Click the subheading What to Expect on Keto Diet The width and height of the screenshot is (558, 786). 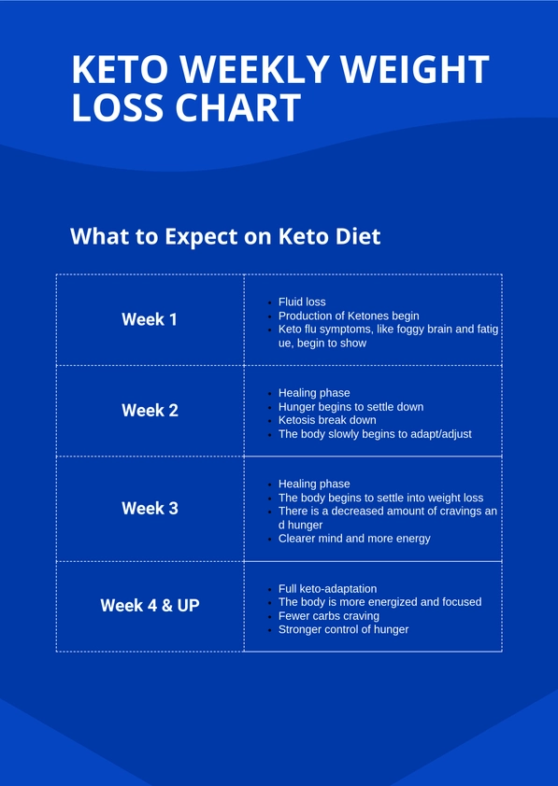point(225,236)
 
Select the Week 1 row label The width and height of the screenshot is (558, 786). point(150,319)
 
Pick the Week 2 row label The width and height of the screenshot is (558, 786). point(150,410)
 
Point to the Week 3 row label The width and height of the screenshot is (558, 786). point(150,508)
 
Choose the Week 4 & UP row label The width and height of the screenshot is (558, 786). point(150,605)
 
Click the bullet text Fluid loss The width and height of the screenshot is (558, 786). point(302,302)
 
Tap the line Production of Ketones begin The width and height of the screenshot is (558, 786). point(349,316)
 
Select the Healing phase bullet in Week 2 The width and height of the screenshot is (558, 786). point(314,393)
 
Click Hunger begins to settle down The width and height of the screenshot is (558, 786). point(351,407)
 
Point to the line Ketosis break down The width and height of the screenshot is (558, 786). point(327,420)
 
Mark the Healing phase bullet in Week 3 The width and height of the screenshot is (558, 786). point(314,484)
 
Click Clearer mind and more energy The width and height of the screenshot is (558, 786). point(354,539)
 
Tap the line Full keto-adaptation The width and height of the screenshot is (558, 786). point(327,589)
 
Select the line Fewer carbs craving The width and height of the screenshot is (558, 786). point(329,616)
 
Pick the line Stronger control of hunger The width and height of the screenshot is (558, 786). point(343,629)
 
